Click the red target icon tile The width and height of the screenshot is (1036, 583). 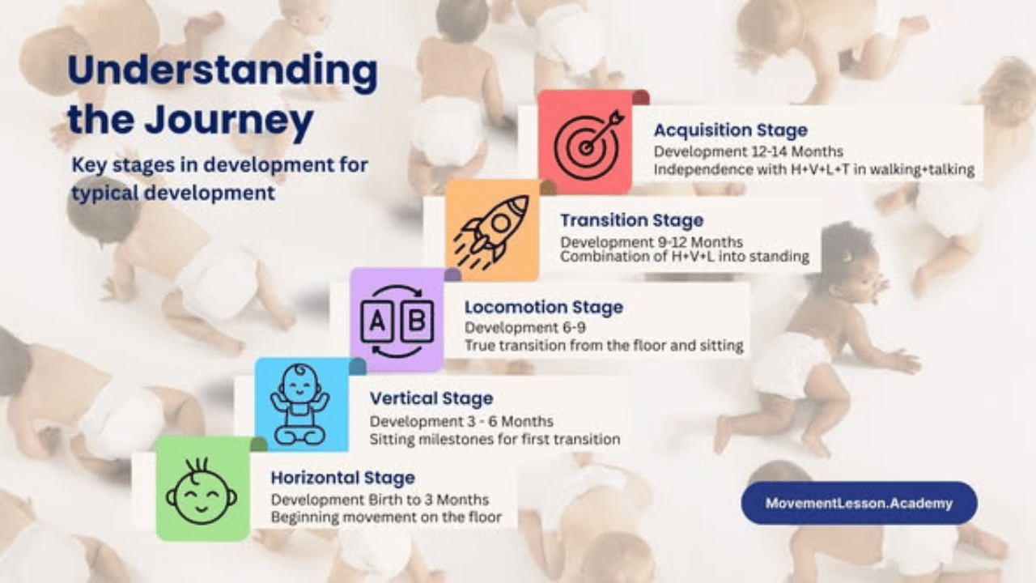(584, 142)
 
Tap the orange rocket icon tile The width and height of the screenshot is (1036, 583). (492, 229)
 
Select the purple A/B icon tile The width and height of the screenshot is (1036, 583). (397, 319)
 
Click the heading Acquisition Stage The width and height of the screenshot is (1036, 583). (730, 130)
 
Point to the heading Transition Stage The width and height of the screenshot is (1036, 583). (631, 220)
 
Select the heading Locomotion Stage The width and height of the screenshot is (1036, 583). (543, 308)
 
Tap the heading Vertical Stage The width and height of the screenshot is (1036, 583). (431, 398)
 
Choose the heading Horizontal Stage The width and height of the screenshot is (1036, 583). (342, 478)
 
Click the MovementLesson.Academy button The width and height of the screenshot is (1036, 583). (859, 504)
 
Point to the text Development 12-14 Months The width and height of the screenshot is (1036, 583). (748, 151)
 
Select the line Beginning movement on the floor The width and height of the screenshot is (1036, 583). (386, 517)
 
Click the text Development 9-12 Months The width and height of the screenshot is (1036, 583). (652, 242)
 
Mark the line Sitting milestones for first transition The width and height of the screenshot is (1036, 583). (495, 440)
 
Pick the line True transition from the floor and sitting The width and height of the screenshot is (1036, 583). (603, 345)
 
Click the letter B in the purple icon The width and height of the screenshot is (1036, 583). (417, 320)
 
